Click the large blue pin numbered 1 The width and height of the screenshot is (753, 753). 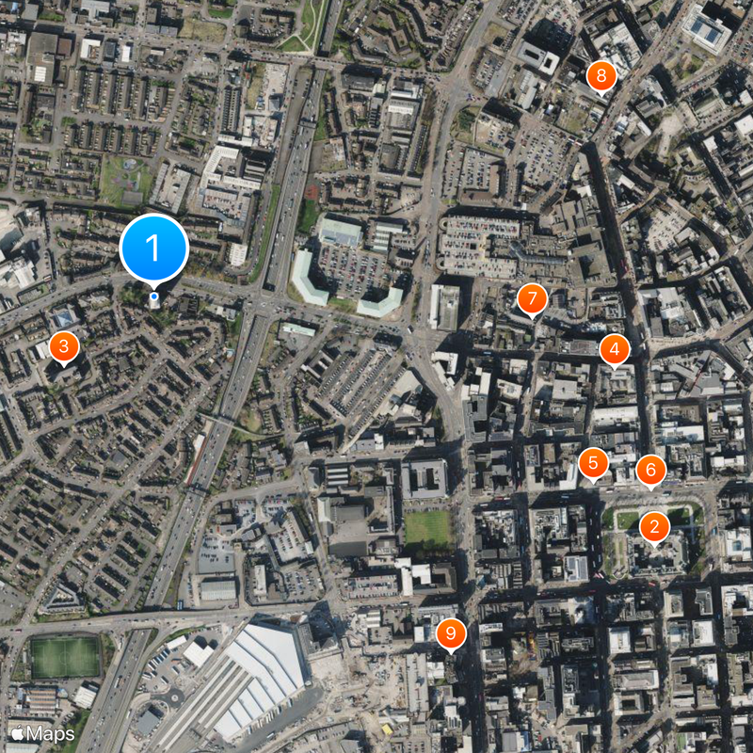tap(154, 248)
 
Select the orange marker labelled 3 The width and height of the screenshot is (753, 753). tap(63, 347)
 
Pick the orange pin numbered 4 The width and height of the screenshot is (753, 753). tap(615, 350)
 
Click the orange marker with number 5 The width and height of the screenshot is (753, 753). tap(593, 463)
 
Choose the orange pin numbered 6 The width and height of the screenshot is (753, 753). tap(650, 470)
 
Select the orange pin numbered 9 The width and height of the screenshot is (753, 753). tap(451, 633)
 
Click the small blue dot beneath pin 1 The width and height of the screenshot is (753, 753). tap(154, 296)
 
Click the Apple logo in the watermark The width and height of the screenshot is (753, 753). tap(16, 733)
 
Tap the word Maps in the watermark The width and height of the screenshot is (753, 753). tap(51, 733)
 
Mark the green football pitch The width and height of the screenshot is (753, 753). tap(65, 657)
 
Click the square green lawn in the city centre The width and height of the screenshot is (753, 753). tap(428, 529)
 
